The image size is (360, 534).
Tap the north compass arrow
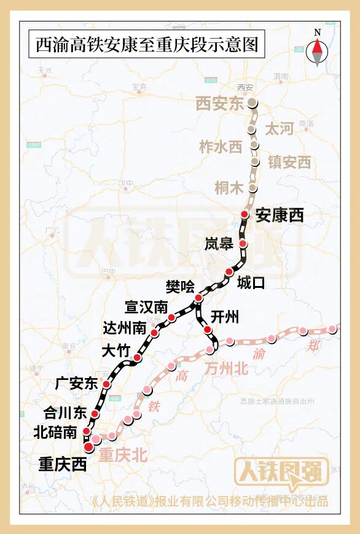(x=318, y=52)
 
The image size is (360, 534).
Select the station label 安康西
(x=280, y=215)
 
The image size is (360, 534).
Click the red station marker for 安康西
(x=245, y=214)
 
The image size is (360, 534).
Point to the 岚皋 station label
(x=219, y=244)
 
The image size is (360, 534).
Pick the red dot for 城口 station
(x=229, y=272)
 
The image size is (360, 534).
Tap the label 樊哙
(x=180, y=286)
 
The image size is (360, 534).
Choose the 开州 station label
(x=224, y=317)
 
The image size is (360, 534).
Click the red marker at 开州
(x=208, y=330)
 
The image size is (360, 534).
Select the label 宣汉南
(x=146, y=306)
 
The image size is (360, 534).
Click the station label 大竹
(x=116, y=351)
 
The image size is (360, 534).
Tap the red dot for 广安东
(x=106, y=384)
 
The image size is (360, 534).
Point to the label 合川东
(x=66, y=412)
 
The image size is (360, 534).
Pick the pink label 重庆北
(x=123, y=455)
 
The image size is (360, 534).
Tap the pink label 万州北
(x=226, y=368)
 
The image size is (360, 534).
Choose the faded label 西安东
(x=220, y=104)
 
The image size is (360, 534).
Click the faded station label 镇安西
(x=289, y=162)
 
